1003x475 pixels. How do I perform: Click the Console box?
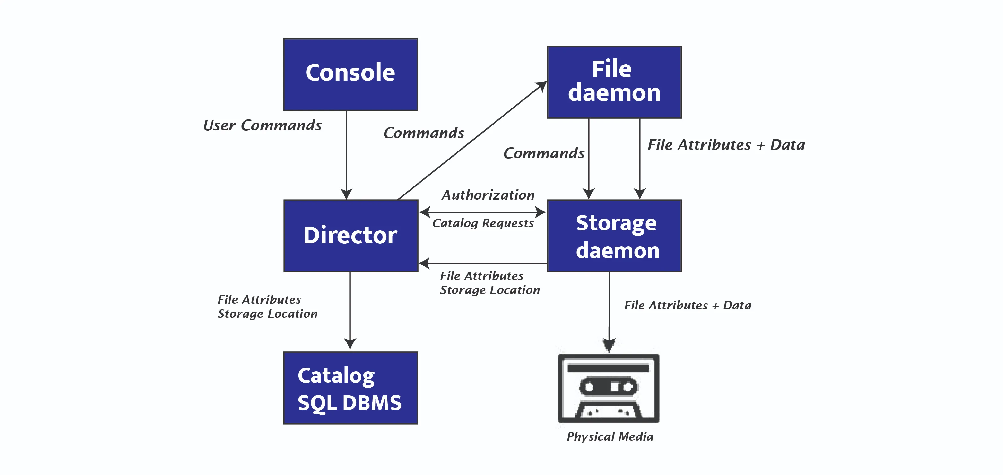pos(350,74)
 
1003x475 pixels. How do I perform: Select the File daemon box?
pos(614,82)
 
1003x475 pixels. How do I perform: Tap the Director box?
pos(350,236)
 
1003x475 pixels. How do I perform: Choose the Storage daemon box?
pos(614,236)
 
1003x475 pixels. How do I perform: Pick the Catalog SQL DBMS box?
pos(350,388)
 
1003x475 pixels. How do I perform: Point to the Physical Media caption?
pos(610,436)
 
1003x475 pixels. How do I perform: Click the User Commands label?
pos(263,125)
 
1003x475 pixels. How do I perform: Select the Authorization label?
pos(488,195)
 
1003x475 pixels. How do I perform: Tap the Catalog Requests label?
pos(483,223)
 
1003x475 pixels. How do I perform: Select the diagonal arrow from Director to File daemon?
pos(471,141)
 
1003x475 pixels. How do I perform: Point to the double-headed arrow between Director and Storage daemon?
pos(483,212)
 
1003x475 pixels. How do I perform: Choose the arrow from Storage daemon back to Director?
pos(483,263)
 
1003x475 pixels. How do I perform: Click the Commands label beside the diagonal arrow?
pos(424,133)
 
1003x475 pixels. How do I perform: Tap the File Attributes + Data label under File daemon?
pos(726,145)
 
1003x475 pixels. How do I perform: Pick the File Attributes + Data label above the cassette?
pos(687,305)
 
